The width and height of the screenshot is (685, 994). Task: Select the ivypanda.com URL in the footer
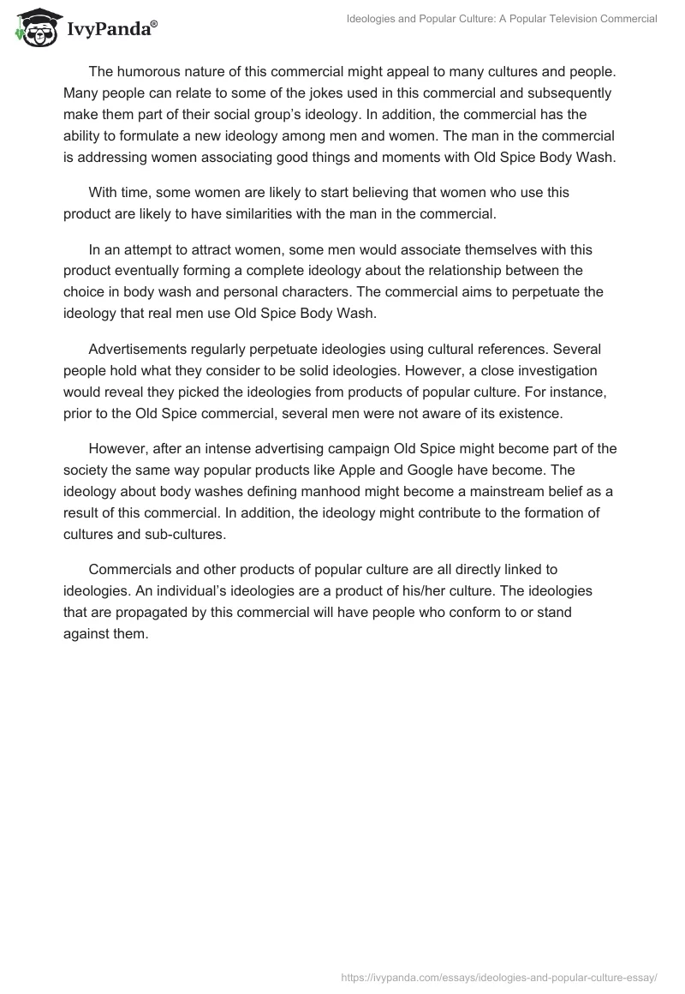tap(498, 977)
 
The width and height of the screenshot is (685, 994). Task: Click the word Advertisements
tap(139, 349)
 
